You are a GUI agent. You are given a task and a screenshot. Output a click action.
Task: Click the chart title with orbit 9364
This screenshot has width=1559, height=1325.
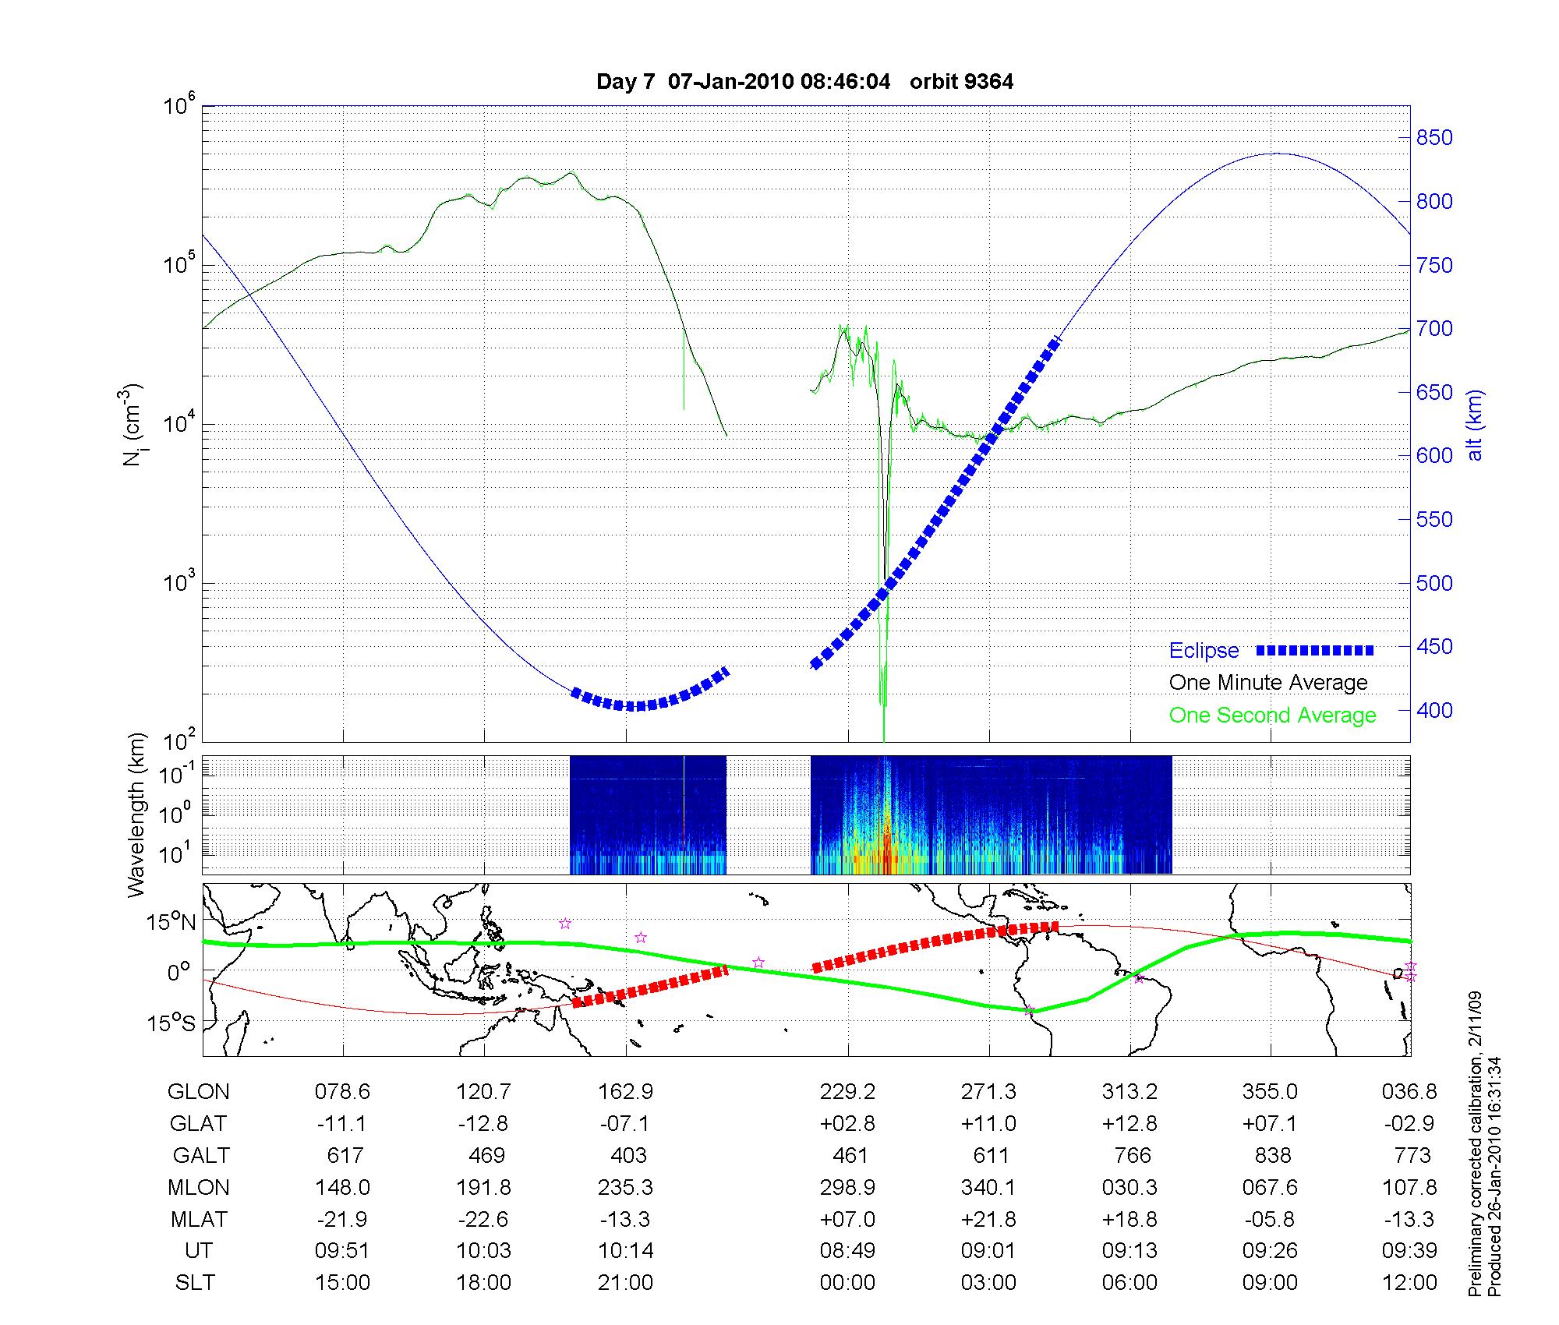pyautogui.click(x=804, y=82)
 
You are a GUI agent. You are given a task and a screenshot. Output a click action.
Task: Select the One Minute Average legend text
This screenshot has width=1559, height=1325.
pyautogui.click(x=1268, y=683)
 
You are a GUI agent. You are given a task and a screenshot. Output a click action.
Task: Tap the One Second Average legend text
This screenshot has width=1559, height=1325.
pyautogui.click(x=1272, y=715)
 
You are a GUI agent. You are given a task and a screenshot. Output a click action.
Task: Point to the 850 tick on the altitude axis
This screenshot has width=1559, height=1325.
pyautogui.click(x=1434, y=138)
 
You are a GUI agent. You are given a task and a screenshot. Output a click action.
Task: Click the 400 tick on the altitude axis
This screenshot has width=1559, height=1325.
pyautogui.click(x=1434, y=710)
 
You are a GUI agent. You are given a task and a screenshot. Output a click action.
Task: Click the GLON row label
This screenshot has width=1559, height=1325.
pyautogui.click(x=199, y=1091)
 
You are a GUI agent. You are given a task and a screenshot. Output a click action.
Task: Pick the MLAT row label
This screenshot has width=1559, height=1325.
pyautogui.click(x=199, y=1219)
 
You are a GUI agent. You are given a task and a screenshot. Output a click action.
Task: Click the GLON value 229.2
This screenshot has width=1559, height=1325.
pyautogui.click(x=847, y=1091)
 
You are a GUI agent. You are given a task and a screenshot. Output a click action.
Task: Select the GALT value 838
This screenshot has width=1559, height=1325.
pyautogui.click(x=1272, y=1155)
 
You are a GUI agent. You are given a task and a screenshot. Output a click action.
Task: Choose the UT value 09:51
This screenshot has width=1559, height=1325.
pyautogui.click(x=342, y=1251)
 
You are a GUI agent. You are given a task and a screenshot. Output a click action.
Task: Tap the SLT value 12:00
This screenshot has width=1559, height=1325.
pyautogui.click(x=1409, y=1283)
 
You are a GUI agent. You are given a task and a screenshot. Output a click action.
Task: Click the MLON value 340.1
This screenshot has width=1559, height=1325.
pyautogui.click(x=988, y=1188)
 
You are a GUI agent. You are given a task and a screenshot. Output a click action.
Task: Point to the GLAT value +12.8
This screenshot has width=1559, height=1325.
pyautogui.click(x=1129, y=1123)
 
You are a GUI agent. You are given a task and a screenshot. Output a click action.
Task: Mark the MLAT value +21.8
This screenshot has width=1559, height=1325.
pyautogui.click(x=988, y=1219)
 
